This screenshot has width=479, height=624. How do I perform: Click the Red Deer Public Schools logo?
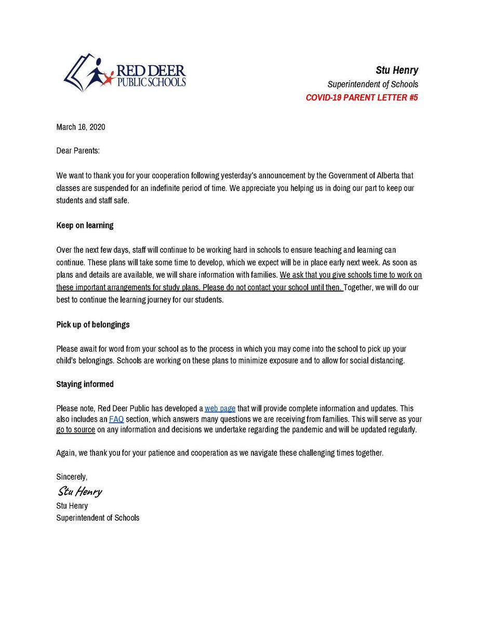[125, 73]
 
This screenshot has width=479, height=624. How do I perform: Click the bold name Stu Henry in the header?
[397, 70]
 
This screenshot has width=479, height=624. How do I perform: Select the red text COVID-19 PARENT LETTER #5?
[362, 97]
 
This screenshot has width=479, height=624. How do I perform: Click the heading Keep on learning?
[85, 226]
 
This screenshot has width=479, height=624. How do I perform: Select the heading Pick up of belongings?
[93, 324]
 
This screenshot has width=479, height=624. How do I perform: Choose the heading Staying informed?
[85, 384]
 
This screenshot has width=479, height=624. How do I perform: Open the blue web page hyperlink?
[220, 409]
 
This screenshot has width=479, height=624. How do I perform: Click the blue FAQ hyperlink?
[116, 419]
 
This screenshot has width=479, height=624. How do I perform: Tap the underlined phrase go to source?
[76, 430]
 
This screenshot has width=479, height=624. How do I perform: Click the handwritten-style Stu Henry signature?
[79, 491]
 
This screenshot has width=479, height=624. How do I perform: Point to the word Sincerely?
[72, 476]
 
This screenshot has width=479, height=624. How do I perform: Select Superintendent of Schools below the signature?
[98, 518]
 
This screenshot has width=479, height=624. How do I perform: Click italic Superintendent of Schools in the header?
[372, 84]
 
